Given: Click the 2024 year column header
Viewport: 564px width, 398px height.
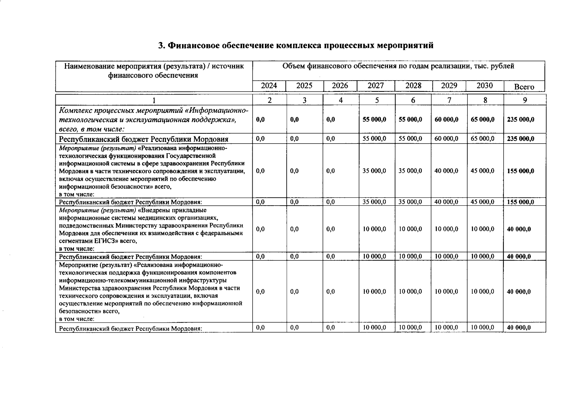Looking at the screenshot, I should coord(269,86).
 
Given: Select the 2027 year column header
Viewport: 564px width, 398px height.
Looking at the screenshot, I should coord(376,86).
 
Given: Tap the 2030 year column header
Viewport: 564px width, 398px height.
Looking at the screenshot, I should coord(484,86).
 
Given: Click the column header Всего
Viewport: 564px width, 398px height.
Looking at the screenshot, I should coord(524,87).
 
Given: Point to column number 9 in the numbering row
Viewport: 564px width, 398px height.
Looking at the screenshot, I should coord(525,100).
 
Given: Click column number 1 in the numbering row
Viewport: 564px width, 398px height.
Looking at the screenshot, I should coord(154,100).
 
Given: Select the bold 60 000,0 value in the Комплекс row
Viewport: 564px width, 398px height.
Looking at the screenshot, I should coord(446,119).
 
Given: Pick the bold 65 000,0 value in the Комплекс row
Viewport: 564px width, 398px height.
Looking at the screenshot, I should coord(482,119).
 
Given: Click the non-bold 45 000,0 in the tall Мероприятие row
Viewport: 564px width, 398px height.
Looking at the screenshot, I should coord(482,171).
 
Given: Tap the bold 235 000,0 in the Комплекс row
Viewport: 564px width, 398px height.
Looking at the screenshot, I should coord(521,119).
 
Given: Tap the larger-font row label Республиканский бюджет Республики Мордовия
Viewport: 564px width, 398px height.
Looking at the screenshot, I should coord(144,139).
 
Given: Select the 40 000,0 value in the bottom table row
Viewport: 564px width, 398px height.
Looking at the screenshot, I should coord(519,328).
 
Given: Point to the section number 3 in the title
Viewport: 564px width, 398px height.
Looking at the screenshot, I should coord(161,45).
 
